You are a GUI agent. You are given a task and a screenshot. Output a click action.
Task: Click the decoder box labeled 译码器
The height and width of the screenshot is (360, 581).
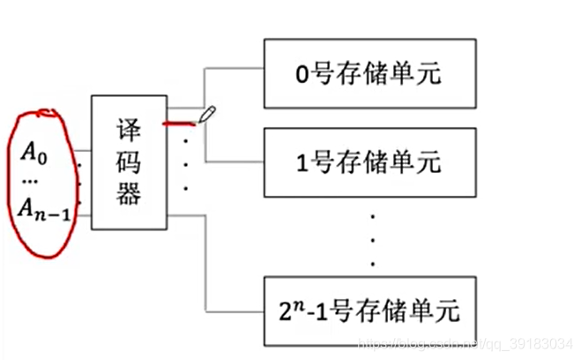pyautogui.click(x=129, y=163)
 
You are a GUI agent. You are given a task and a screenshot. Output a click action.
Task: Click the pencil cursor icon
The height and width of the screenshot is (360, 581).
pyautogui.click(x=207, y=116)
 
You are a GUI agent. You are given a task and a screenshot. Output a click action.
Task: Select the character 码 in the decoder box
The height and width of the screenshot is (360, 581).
pyautogui.click(x=129, y=162)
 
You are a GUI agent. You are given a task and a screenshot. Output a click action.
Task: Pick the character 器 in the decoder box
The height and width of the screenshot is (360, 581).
pyautogui.click(x=129, y=195)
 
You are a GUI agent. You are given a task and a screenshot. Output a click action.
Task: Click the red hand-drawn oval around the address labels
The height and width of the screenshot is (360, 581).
pyautogui.click(x=11, y=176)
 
